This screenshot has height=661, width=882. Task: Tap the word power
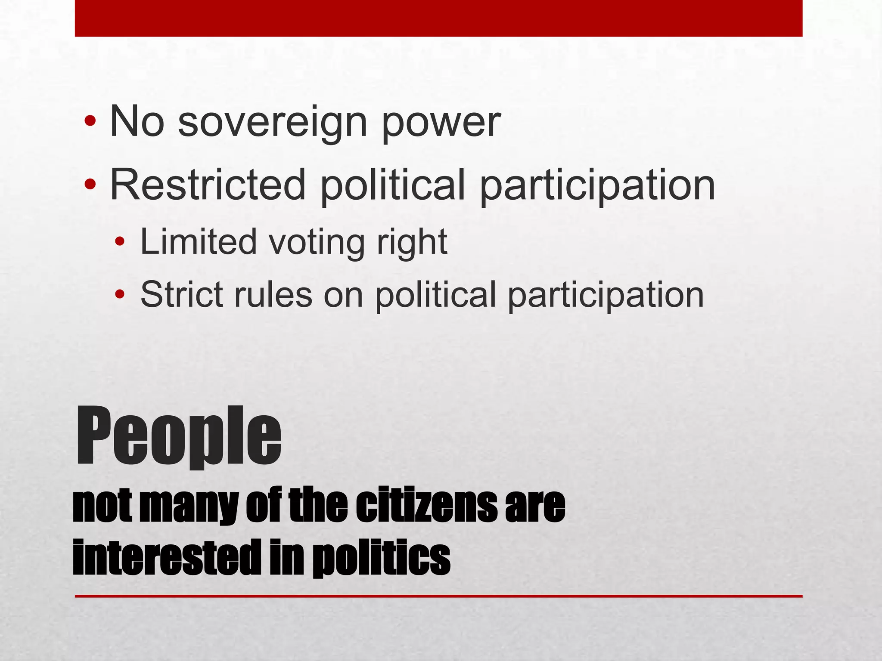coord(441,124)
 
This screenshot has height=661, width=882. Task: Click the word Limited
coord(199,242)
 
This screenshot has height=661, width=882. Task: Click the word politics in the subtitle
coord(381,559)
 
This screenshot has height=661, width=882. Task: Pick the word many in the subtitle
coord(189,507)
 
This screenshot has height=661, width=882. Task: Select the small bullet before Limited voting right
coord(119,242)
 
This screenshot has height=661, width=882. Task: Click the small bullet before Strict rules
coord(119,295)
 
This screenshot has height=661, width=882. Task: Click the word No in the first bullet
coord(137,122)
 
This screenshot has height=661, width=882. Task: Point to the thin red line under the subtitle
coord(438,596)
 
